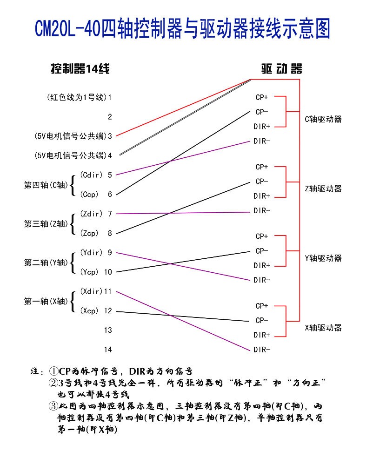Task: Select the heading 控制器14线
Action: click(80, 69)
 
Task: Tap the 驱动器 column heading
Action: click(281, 69)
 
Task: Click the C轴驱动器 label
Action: click(323, 120)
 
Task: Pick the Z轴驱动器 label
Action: click(323, 189)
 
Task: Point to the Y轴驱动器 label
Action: click(323, 258)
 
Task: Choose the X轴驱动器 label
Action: click(323, 328)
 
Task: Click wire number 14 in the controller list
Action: click(108, 350)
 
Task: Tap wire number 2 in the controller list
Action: click(110, 117)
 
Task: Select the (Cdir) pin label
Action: click(91, 175)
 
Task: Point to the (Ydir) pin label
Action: click(91, 253)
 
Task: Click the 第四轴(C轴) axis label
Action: click(46, 185)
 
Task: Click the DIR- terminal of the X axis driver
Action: click(262, 350)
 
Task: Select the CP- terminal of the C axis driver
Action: click(262, 112)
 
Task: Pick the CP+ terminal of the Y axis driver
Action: click(262, 236)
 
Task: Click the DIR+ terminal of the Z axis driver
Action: click(262, 196)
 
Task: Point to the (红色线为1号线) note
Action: click(77, 97)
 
